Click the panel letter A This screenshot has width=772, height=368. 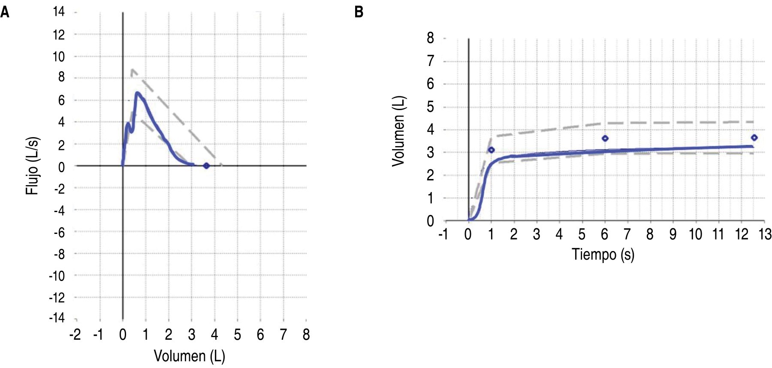click(5, 12)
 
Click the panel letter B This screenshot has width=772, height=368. click(359, 12)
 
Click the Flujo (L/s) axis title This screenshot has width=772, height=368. click(33, 166)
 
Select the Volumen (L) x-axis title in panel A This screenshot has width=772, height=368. click(189, 356)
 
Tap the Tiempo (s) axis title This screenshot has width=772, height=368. click(603, 254)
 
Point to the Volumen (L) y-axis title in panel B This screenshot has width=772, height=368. click(398, 131)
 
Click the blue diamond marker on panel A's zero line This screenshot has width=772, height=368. click(206, 166)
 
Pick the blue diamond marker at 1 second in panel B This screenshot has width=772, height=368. click(492, 150)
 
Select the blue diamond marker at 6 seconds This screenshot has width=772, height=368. click(605, 138)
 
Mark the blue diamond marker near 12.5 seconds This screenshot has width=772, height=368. click(754, 138)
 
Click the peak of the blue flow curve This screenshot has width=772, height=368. click(137, 93)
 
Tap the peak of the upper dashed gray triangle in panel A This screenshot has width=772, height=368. click(133, 69)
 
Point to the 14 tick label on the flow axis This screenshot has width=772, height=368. click(59, 12)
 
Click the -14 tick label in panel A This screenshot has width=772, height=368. click(57, 318)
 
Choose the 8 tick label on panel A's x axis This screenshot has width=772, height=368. click(306, 335)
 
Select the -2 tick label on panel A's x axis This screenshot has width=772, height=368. click(75, 335)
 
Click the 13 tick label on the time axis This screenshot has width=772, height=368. click(765, 234)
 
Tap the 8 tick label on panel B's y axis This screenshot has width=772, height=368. click(430, 38)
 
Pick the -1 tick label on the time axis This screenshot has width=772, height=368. click(443, 234)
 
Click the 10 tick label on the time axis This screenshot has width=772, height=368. click(695, 234)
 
